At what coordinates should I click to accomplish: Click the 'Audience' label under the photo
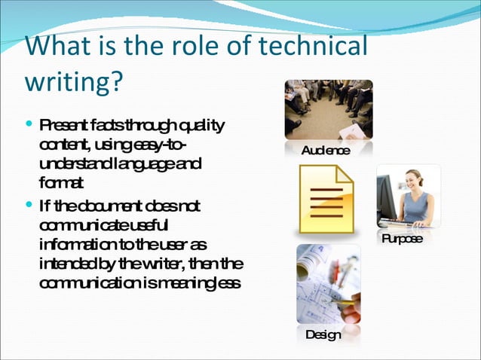[x=326, y=151]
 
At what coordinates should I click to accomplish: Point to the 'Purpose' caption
[x=402, y=239]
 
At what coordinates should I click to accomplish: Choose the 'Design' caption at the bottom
[x=323, y=334]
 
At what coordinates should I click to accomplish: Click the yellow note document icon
[x=326, y=200]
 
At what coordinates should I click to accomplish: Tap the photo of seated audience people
[x=328, y=108]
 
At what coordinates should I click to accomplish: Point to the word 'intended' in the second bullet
[x=66, y=265]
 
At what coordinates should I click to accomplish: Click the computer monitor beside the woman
[x=387, y=197]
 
